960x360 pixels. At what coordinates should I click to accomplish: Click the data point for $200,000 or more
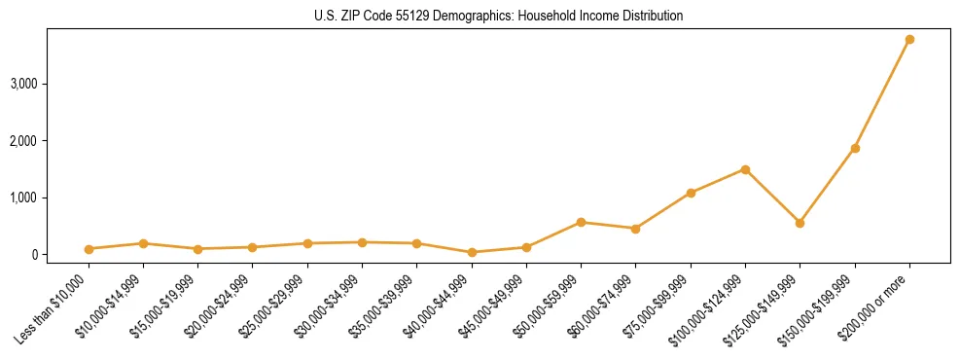coord(909,40)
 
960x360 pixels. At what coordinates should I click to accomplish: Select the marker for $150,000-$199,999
coord(855,148)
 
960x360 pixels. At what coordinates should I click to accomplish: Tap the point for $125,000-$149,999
coord(800,223)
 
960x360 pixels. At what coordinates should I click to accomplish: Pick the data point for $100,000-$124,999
coord(745,169)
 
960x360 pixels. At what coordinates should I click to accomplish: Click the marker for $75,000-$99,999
coord(691,193)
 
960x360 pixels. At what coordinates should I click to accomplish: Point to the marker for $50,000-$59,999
coord(581,222)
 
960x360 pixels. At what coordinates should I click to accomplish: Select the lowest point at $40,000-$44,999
coord(472,252)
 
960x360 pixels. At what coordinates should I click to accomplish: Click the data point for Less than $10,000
coord(89,249)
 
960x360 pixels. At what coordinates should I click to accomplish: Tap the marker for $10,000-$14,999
coord(143,243)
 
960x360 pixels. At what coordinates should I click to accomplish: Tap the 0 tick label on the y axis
coord(34,255)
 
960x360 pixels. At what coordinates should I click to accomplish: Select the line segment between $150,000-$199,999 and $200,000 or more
coord(882,94)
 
